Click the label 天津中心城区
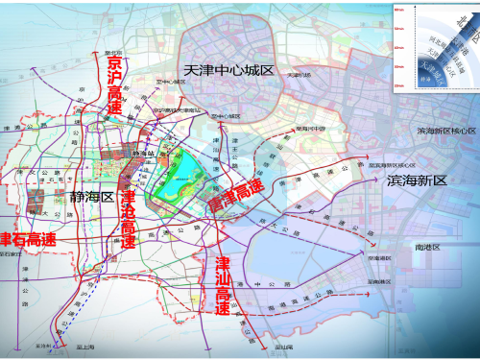pyautogui.click(x=228, y=72)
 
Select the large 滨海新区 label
pyautogui.click(x=417, y=180)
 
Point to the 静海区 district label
pyautogui.click(x=92, y=196)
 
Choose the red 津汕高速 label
pyautogui.click(x=223, y=285)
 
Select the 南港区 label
pyautogui.click(x=425, y=248)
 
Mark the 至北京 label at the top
pyautogui.click(x=112, y=53)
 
